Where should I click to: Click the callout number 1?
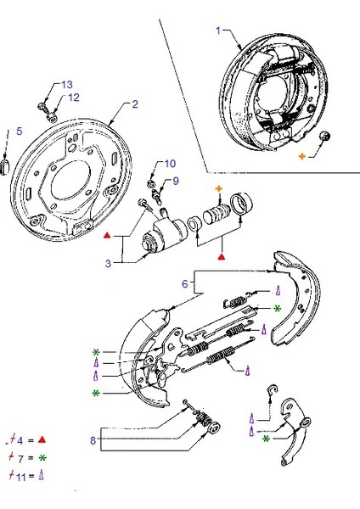coord(218,31)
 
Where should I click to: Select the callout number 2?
coord(135,104)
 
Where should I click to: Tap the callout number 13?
coord(67,85)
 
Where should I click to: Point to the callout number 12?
coord(74,98)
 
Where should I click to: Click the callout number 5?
coord(20,131)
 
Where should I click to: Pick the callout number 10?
coord(170,164)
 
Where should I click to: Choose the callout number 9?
coord(176,181)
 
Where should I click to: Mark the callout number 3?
coord(108,263)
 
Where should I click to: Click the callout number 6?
coord(185,283)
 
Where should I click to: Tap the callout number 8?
coord(93,440)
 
